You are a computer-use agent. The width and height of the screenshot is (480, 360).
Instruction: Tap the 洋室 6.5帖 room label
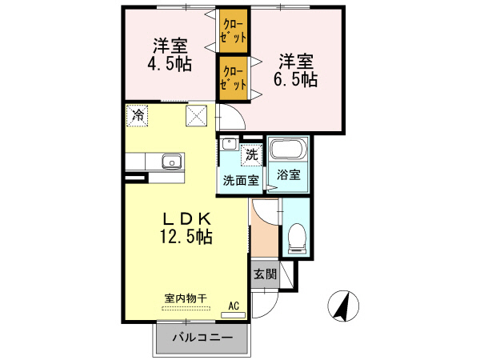(x=298, y=70)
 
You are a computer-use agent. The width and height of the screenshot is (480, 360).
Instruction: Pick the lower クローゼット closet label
(x=234, y=77)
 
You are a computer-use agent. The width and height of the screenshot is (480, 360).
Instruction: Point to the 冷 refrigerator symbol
(x=138, y=115)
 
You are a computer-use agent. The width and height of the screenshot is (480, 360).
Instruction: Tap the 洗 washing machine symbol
(x=252, y=154)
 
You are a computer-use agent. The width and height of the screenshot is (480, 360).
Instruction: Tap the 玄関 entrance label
(x=265, y=274)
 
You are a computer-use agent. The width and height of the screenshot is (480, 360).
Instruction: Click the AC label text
(x=234, y=305)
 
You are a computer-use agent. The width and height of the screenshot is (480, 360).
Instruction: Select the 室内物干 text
(x=186, y=298)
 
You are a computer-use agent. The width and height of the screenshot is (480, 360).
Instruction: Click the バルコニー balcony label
(x=203, y=338)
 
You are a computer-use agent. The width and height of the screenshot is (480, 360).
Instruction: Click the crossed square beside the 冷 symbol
(x=197, y=115)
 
